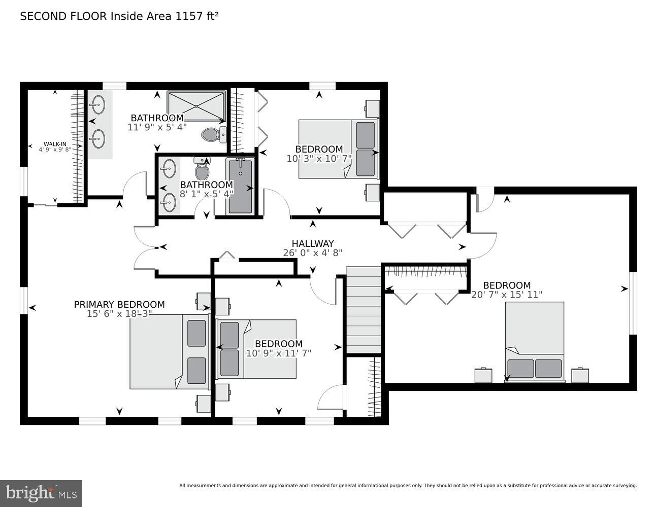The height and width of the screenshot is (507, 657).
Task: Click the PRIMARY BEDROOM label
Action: pyautogui.click(x=119, y=304)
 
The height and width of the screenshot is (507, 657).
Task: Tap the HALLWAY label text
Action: pyautogui.click(x=312, y=244)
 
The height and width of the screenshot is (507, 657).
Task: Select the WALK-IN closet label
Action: pyautogui.click(x=54, y=144)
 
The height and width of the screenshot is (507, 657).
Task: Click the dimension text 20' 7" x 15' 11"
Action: pyautogui.click(x=507, y=295)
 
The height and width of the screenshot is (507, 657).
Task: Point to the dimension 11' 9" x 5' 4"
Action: pyautogui.click(x=157, y=127)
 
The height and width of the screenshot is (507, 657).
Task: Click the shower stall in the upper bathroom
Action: pyautogui.click(x=196, y=106)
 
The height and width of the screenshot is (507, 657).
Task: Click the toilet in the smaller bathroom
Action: pyautogui.click(x=202, y=169)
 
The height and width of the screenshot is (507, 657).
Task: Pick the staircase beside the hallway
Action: pyautogui.click(x=363, y=310)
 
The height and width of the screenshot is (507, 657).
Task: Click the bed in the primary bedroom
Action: pyautogui.click(x=169, y=351)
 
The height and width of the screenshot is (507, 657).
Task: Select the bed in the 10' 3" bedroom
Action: pyautogui.click(x=338, y=149)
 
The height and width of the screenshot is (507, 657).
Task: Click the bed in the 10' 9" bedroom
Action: pyautogui.click(x=257, y=349)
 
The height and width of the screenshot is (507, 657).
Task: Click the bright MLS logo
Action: pyautogui.click(x=41, y=493)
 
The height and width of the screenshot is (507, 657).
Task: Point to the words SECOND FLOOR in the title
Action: pyautogui.click(x=63, y=16)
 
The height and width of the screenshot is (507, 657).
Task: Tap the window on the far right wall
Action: pyautogui.click(x=633, y=303)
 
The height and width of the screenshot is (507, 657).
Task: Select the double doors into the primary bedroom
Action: pyautogui.click(x=145, y=247)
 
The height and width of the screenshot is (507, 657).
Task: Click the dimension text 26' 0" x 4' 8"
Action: pyautogui.click(x=312, y=253)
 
